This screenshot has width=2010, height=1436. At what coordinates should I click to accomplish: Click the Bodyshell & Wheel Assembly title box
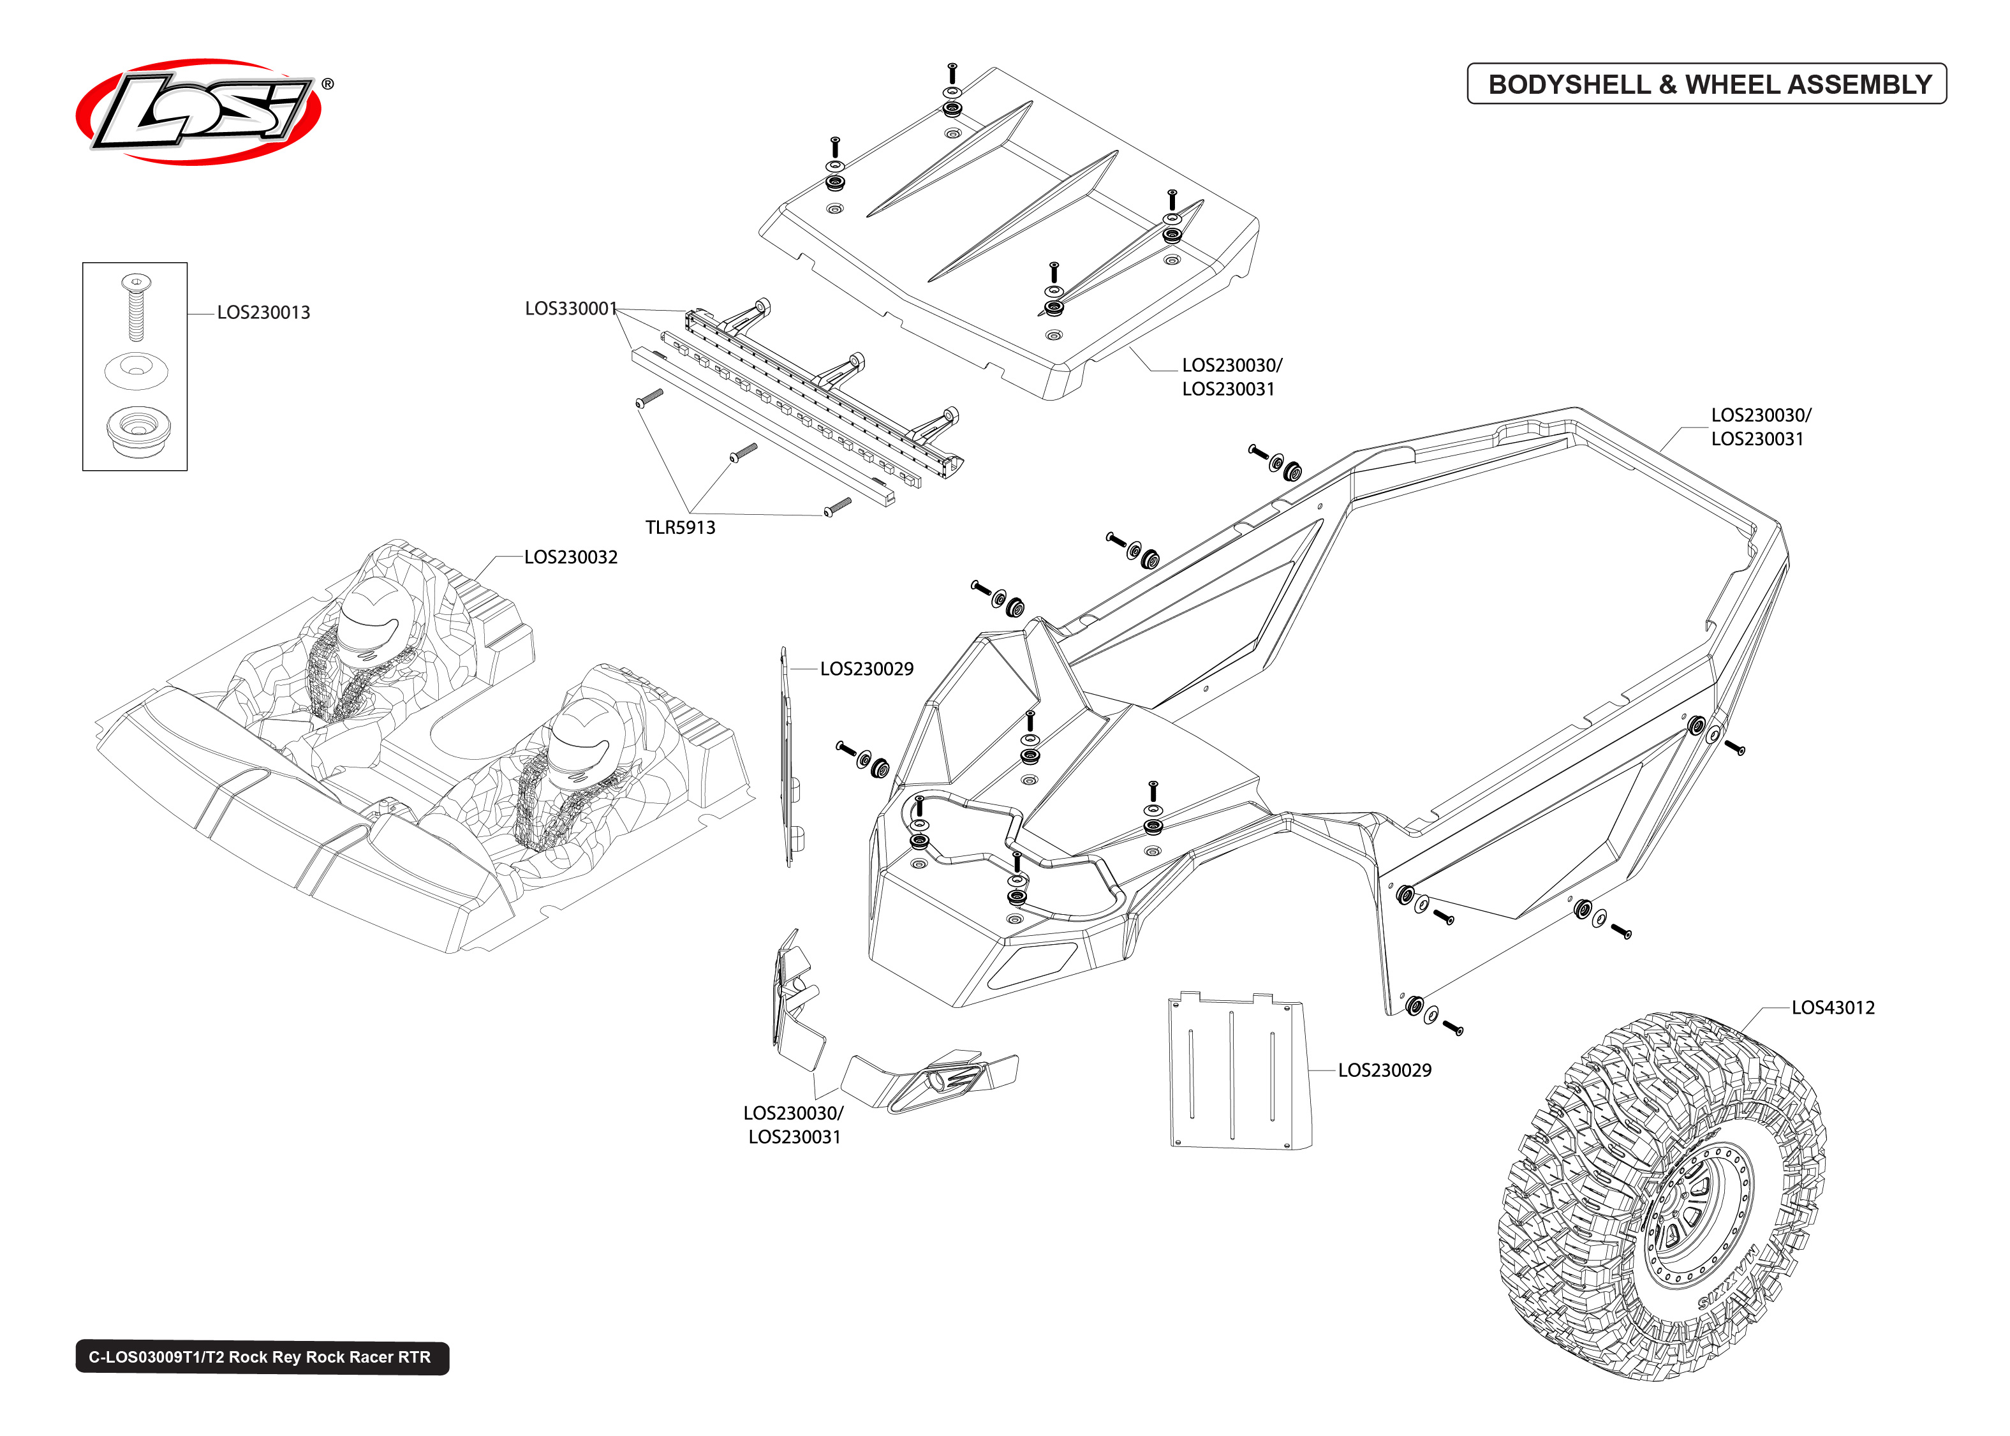coord(1706,84)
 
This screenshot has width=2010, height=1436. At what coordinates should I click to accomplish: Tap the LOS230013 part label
coord(263,312)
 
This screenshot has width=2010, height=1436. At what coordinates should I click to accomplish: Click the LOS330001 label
coord(570,309)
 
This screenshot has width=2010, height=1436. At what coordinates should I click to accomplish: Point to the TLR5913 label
coord(680,528)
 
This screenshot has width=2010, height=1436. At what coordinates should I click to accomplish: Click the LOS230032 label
coord(570,557)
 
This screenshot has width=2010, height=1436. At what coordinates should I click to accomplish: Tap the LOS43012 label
coord(1832,1007)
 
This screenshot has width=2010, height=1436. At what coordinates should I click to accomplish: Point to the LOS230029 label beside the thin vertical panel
coord(866,669)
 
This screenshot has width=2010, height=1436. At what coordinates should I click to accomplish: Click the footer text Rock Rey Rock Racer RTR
coord(262,1358)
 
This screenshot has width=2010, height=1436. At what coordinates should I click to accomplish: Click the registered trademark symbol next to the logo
coord(327,84)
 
